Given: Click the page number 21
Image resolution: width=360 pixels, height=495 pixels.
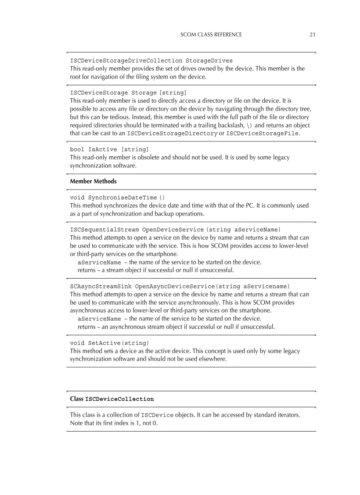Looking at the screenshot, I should click(x=312, y=34).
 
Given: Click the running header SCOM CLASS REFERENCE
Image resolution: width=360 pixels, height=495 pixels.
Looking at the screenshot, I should click(x=211, y=34).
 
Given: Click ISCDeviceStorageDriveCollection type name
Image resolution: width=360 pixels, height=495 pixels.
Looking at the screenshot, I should click(x=126, y=60).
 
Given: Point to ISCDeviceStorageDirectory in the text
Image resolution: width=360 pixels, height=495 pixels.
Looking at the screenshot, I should click(x=172, y=134).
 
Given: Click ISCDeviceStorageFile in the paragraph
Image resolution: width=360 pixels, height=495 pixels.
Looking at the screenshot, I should click(x=262, y=134).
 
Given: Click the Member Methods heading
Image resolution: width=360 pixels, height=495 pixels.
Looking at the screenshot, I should click(x=93, y=181).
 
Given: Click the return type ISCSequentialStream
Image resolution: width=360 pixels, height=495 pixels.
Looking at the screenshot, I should click(x=104, y=230).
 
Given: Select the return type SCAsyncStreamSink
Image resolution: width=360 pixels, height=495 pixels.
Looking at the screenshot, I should click(x=101, y=286).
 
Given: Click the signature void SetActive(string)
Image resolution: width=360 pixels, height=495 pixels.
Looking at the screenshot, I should click(x=109, y=343).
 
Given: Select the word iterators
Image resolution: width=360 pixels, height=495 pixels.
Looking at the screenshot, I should click(x=288, y=415).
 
